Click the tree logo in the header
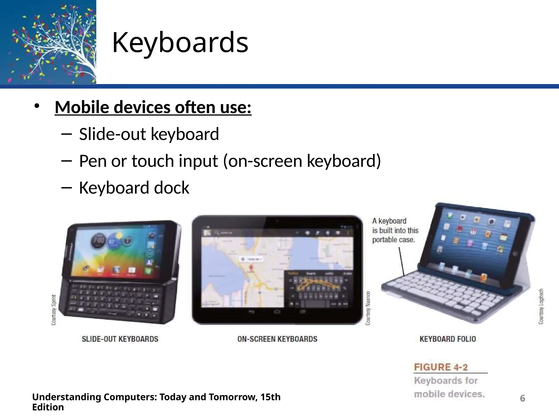point(48,42)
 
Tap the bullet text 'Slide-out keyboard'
point(149,134)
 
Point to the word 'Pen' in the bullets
point(93,161)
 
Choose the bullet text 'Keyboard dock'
point(134,188)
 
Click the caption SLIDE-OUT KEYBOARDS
point(120,339)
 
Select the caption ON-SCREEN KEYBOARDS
point(277,339)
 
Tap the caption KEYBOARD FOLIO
point(448,339)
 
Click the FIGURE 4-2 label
point(441,367)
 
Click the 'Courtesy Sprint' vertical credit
point(54,310)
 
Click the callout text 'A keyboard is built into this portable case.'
point(395,231)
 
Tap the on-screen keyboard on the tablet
point(318,289)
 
